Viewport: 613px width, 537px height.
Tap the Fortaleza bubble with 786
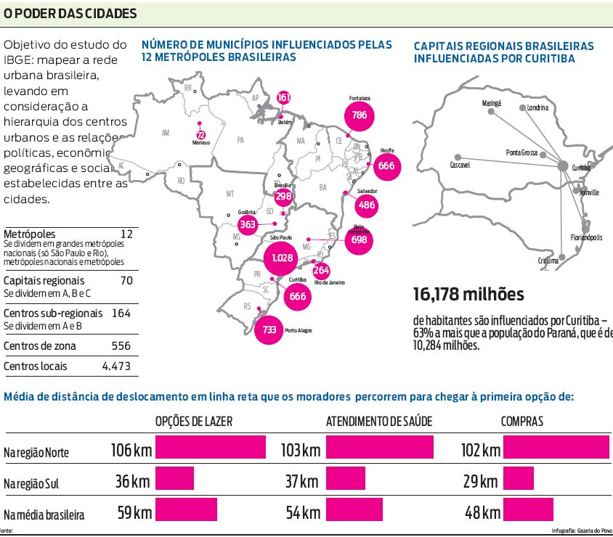point(359,115)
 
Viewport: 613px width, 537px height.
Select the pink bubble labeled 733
point(269,329)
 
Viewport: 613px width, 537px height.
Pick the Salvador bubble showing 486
point(367,205)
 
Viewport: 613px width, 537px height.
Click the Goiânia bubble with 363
point(248,224)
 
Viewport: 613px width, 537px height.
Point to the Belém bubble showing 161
point(284,98)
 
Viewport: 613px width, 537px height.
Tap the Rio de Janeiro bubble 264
point(321,271)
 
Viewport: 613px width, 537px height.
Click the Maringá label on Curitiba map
point(492,104)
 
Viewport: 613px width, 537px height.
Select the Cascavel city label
point(460,165)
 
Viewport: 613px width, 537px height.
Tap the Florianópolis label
point(586,237)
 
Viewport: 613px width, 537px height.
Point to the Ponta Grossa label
point(521,152)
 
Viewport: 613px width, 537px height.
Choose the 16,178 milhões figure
point(468,295)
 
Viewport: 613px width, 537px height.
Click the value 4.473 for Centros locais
point(116,366)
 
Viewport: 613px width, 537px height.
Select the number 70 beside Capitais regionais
point(126,280)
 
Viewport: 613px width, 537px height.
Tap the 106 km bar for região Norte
point(211,447)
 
